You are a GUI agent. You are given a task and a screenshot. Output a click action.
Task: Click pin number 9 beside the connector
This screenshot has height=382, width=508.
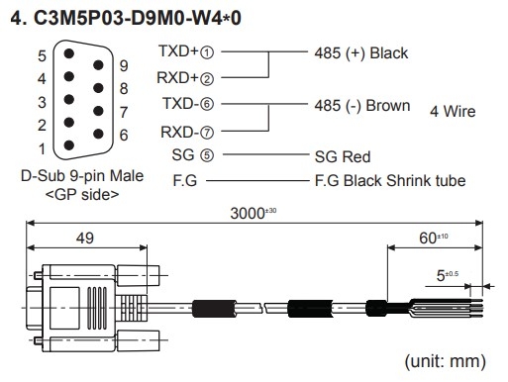pos(123,66)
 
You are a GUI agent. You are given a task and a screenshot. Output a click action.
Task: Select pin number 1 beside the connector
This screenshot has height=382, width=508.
pos(42,148)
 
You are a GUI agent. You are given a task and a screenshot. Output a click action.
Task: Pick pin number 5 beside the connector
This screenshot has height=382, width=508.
pos(42,55)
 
